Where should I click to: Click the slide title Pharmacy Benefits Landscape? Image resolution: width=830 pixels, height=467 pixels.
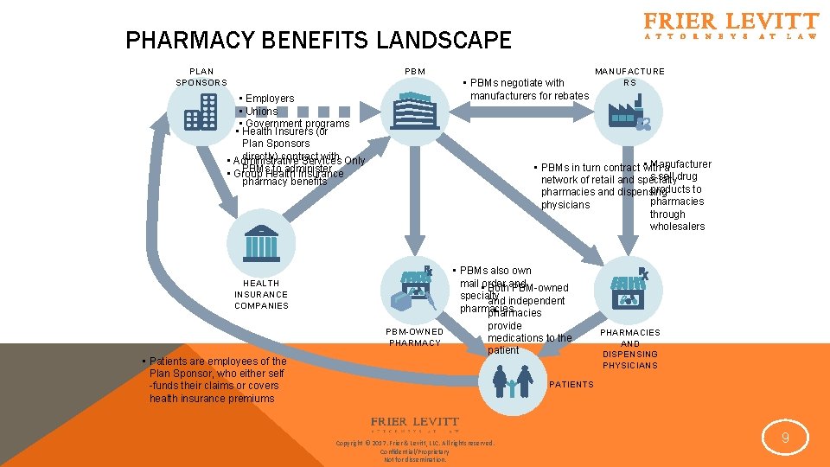318,41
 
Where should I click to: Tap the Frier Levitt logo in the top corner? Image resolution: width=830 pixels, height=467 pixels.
731,26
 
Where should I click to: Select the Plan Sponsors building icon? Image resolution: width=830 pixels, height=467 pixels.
200,112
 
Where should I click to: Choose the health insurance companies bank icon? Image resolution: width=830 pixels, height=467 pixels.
260,245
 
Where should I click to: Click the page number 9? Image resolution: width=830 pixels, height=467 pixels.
785,438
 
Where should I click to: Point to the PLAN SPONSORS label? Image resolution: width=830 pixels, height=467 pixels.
201,77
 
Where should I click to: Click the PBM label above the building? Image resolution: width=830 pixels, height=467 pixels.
414,71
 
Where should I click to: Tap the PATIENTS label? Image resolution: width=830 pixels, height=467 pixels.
571,384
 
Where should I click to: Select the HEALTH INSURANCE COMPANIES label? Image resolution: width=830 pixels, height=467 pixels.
261,294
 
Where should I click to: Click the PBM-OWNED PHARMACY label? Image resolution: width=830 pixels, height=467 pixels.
415,337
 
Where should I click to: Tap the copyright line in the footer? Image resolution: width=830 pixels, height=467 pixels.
415,444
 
